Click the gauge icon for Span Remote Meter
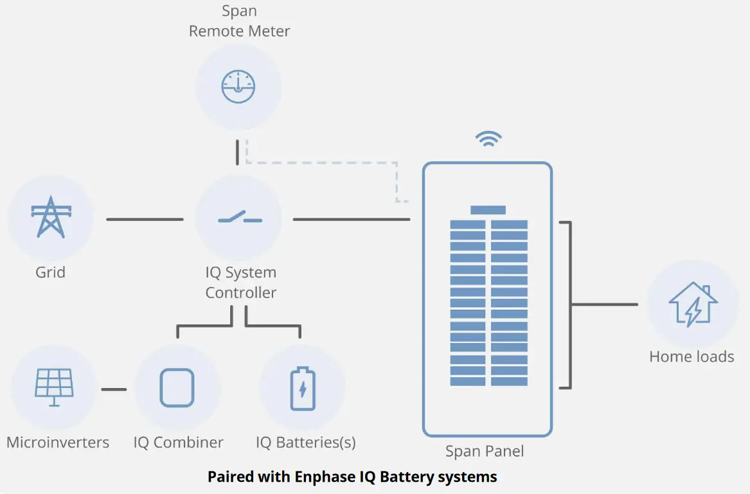238,87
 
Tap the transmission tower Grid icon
51,217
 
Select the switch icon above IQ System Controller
239,218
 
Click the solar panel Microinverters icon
54,387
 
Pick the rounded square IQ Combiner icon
177,387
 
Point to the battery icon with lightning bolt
303,388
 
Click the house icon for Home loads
693,304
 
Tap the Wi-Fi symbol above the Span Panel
488,139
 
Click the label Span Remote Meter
239,21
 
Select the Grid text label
50,272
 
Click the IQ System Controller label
240,283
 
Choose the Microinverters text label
58,443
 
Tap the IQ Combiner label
179,443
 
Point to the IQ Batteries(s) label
305,443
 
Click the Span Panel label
485,452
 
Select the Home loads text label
692,357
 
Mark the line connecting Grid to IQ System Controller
145,220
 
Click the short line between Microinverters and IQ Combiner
114,389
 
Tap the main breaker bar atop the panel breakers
488,210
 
